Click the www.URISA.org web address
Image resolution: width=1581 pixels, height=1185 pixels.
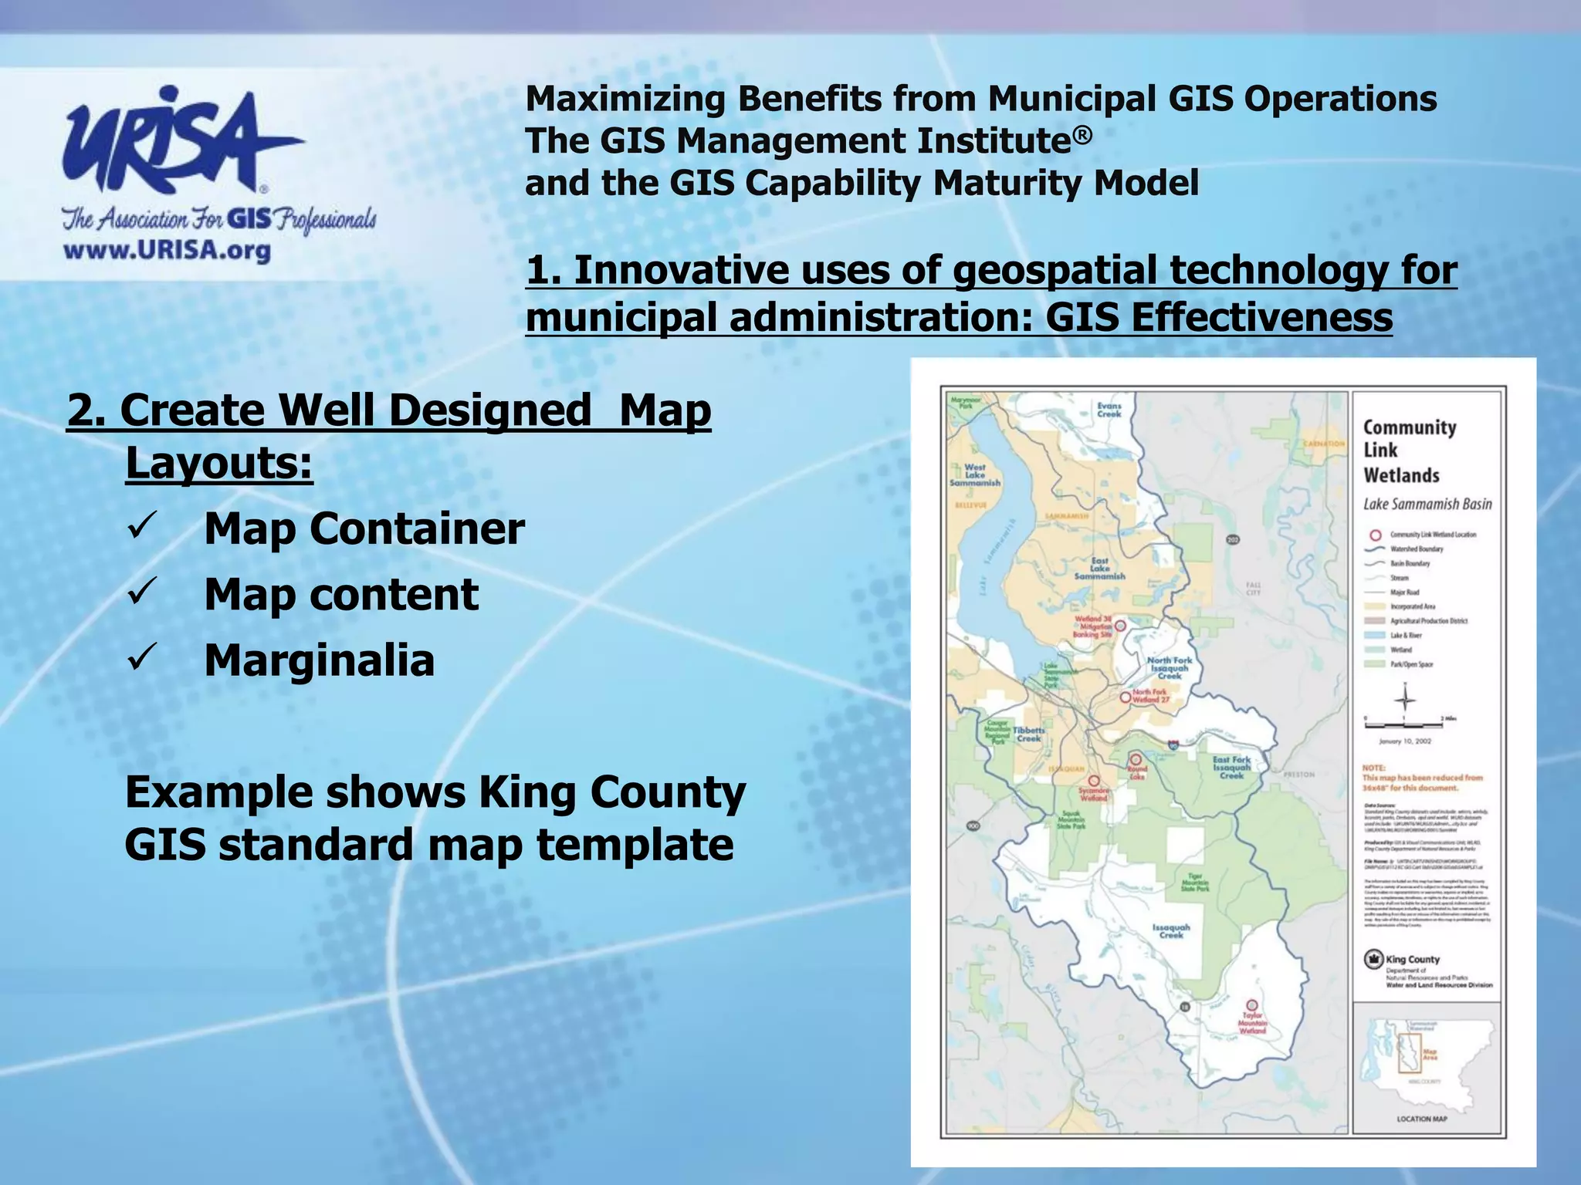[167, 251]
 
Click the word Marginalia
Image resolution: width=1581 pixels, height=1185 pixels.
[319, 660]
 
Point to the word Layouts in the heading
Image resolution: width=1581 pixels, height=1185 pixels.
[218, 463]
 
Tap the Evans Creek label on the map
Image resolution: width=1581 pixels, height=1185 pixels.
[1109, 409]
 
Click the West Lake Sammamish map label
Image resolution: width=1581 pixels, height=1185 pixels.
[974, 474]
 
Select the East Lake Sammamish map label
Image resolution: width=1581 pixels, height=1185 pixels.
[1099, 569]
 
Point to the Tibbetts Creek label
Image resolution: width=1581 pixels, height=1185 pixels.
[1028, 734]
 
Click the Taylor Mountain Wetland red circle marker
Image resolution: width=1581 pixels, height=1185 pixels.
[1251, 1005]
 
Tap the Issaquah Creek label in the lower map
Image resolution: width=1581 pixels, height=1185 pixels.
[1171, 931]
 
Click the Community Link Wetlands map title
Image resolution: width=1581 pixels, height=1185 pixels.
[1409, 451]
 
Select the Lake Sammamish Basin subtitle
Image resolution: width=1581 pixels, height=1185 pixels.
[1427, 504]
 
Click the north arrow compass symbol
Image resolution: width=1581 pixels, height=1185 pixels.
[1405, 699]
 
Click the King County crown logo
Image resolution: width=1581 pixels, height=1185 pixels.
[1373, 959]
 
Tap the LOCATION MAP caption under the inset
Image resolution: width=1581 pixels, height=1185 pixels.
[1422, 1119]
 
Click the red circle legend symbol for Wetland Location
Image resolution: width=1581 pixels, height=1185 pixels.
[1375, 535]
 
